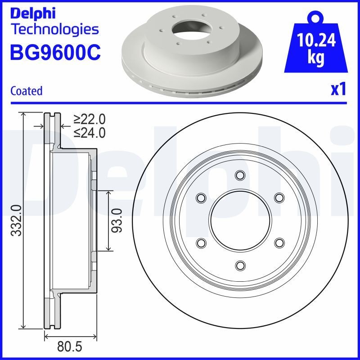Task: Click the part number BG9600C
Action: tap(55, 52)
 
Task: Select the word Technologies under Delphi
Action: tap(54, 30)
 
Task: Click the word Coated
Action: tap(26, 91)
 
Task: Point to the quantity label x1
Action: tap(338, 90)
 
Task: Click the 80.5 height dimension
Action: tap(71, 347)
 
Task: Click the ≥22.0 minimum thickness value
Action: tap(90, 119)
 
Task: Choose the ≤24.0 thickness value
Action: tap(90, 132)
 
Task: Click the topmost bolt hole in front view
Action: tap(240, 175)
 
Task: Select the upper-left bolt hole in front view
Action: tap(201, 198)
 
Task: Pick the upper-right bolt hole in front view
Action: tap(279, 198)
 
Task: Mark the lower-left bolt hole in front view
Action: tap(201, 243)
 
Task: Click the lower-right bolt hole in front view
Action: tap(279, 243)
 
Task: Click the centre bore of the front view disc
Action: tap(240, 220)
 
